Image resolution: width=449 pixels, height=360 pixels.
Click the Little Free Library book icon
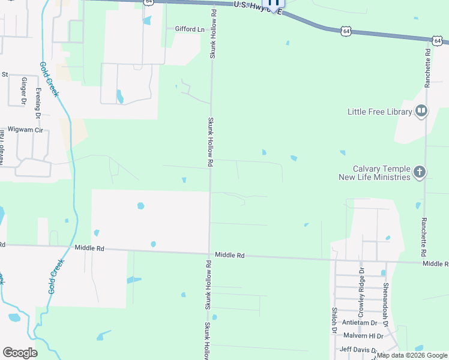click(x=421, y=111)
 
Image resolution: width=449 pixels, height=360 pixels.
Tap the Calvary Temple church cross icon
click(x=419, y=173)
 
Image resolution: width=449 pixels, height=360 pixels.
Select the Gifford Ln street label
click(x=190, y=29)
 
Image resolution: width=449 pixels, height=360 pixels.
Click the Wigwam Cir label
click(x=26, y=130)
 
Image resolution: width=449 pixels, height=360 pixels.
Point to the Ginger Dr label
click(x=25, y=91)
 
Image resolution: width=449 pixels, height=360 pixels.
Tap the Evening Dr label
click(x=38, y=102)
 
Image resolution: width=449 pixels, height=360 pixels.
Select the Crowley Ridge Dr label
click(x=361, y=292)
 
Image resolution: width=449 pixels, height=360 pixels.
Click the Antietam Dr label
click(x=360, y=323)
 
